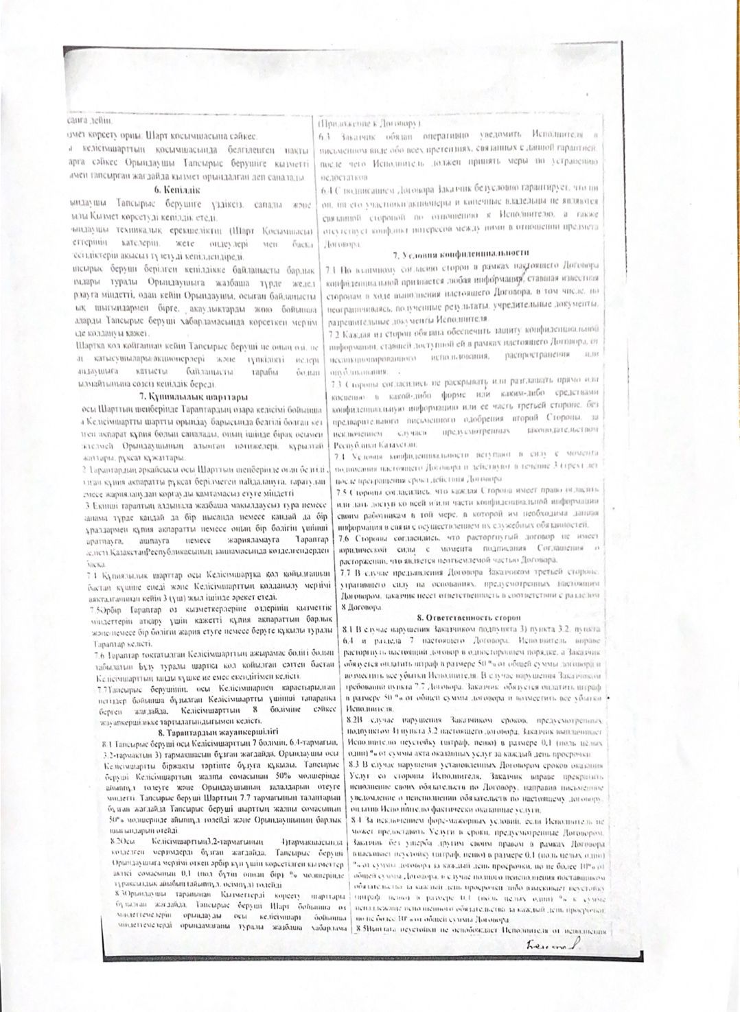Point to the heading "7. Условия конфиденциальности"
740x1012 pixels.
461,254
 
